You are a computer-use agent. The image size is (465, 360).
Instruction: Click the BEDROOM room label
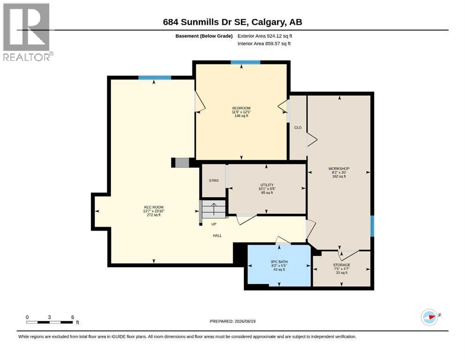(x=241, y=108)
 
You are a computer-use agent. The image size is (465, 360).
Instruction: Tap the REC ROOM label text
(x=154, y=207)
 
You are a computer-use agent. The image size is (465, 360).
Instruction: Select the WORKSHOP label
(x=339, y=169)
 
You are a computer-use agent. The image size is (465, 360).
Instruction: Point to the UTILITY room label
(x=267, y=185)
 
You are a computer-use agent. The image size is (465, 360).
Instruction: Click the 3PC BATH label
(x=279, y=262)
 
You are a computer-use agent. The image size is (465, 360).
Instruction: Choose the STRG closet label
(x=214, y=180)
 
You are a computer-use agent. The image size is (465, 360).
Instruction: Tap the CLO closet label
(x=298, y=127)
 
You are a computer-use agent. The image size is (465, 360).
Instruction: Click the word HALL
(x=217, y=236)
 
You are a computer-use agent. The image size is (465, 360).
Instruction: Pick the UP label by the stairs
(x=214, y=224)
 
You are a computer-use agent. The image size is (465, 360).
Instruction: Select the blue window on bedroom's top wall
(x=245, y=62)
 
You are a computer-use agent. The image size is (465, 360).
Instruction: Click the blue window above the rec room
(x=155, y=78)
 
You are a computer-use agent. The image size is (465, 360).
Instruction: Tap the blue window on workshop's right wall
(x=372, y=226)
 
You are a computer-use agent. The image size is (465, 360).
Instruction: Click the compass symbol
(x=430, y=317)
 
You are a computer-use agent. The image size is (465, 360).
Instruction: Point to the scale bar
(x=50, y=322)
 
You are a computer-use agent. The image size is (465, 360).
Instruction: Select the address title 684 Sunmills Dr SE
(x=207, y=22)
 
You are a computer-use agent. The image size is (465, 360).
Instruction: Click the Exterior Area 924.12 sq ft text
(x=265, y=36)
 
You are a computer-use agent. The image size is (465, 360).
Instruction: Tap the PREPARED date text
(x=232, y=321)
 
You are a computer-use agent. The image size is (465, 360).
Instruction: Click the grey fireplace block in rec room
(x=182, y=163)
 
